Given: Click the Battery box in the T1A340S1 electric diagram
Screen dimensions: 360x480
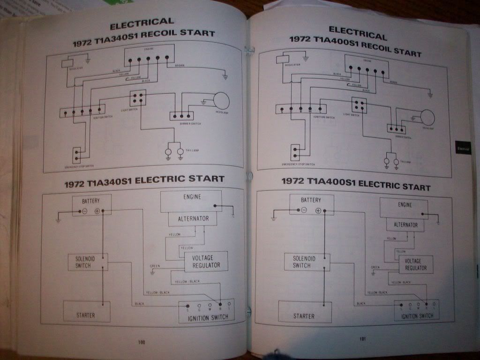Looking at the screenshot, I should (x=91, y=205).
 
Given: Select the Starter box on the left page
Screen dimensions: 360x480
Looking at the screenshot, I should (x=86, y=312).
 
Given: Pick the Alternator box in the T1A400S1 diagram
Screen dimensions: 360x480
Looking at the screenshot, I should (x=405, y=225).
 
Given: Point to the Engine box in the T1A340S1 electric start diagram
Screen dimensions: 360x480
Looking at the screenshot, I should (x=191, y=201).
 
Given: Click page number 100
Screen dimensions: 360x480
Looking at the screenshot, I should (x=141, y=342).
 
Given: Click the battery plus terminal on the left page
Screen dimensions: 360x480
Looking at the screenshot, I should (x=97, y=211).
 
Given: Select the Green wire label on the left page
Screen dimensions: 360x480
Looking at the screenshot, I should (x=155, y=266).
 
